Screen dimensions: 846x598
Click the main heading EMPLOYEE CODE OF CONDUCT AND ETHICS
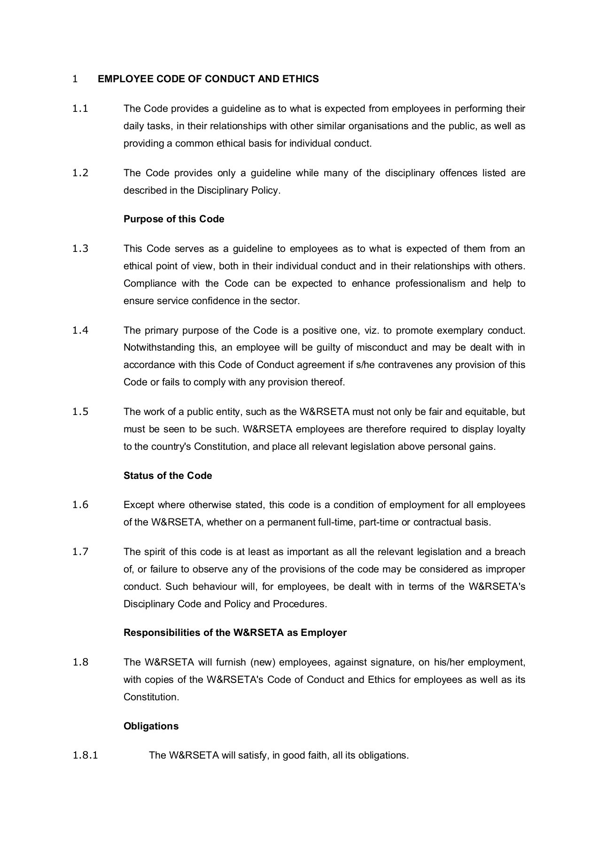coord(208,79)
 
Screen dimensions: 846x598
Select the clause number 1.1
coord(80,109)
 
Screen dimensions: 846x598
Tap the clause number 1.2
coord(80,173)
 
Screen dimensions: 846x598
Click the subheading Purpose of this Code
coord(174,219)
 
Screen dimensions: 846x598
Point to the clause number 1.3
coord(80,249)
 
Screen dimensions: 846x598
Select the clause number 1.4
coord(80,330)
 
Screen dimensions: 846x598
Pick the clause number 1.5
coord(80,412)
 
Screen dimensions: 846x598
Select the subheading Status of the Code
coord(168,476)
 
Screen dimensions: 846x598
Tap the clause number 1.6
coord(80,505)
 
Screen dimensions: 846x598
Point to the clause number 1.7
coord(80,552)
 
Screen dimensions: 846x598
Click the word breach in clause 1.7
coord(510,552)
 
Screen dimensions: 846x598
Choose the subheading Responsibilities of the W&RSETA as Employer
coord(235,633)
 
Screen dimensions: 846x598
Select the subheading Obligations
coord(151,726)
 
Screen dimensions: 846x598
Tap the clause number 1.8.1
coord(85,755)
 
